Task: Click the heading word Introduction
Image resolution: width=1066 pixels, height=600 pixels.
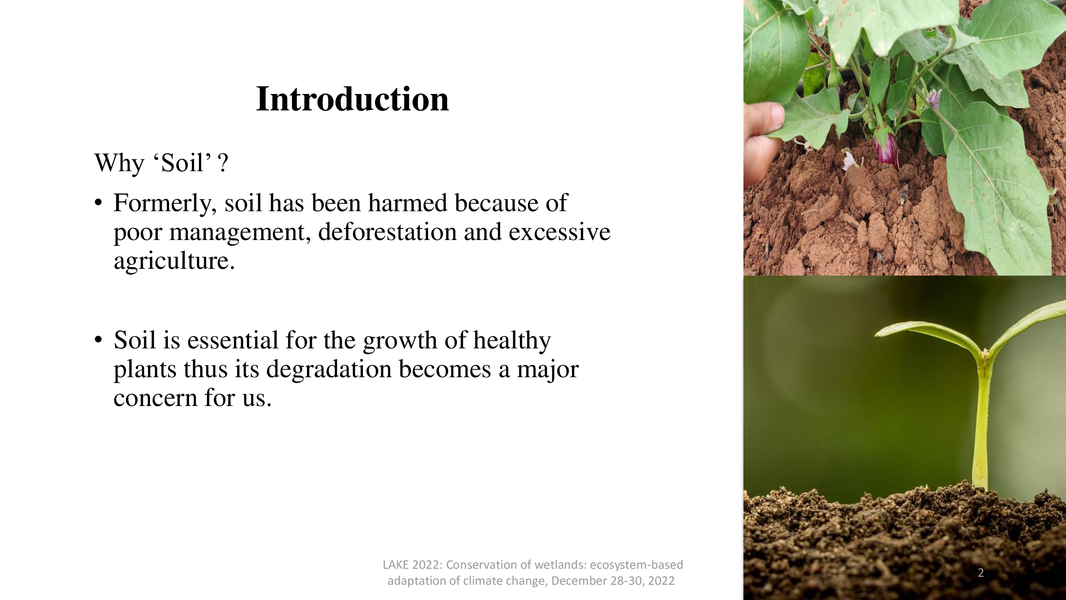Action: tap(353, 99)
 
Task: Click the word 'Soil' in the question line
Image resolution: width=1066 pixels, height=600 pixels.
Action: tap(182, 163)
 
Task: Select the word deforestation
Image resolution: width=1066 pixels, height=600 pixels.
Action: tap(387, 232)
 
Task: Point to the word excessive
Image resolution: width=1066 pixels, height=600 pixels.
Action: tap(560, 232)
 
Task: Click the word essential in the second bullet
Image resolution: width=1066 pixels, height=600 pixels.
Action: tap(233, 340)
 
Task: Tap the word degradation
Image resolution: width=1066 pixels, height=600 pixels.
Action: tap(329, 370)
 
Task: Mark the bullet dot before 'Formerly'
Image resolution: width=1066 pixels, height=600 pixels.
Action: tap(98, 203)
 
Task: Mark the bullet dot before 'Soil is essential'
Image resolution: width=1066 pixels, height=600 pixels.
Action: tap(98, 340)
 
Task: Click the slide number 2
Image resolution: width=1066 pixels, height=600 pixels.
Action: tap(981, 573)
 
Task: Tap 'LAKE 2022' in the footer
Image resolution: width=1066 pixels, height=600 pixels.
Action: tap(412, 565)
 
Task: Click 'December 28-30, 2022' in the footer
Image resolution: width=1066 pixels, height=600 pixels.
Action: tap(613, 581)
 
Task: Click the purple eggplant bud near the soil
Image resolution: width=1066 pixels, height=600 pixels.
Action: tap(886, 149)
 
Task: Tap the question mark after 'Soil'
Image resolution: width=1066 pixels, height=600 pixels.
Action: tap(223, 163)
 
